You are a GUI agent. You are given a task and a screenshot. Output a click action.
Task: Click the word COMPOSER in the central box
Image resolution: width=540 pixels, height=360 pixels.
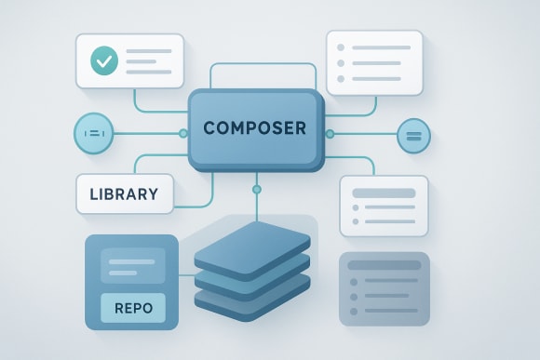[x=254, y=128]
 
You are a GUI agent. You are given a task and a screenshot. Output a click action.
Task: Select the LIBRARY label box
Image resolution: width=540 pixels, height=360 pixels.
[x=124, y=195]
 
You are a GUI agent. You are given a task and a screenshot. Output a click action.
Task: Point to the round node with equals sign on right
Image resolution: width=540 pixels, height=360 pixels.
[x=413, y=136]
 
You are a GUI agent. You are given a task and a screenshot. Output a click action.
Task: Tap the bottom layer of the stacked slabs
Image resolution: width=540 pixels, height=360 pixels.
[x=251, y=296]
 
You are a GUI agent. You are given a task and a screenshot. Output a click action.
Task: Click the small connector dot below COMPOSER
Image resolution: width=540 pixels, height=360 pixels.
[x=257, y=190]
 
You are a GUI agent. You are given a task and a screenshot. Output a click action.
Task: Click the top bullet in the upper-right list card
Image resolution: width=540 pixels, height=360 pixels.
[x=342, y=47]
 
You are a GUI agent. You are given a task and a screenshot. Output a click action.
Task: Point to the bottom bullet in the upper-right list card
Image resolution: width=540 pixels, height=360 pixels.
[x=342, y=80]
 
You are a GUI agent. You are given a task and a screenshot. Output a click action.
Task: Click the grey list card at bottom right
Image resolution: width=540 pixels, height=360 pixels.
[x=385, y=288]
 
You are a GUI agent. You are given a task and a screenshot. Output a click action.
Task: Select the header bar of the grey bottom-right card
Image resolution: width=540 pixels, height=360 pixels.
[x=385, y=265]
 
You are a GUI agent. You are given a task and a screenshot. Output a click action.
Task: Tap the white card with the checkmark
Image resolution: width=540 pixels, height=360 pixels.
[x=130, y=60]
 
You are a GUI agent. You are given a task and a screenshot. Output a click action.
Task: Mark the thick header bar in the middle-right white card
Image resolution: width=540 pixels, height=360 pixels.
[x=384, y=193]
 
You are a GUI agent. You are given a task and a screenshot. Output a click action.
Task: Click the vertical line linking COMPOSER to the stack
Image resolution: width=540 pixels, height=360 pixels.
[x=257, y=205]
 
